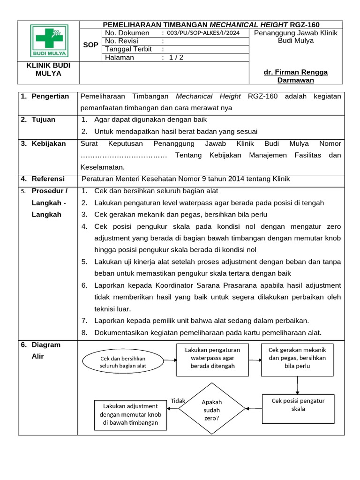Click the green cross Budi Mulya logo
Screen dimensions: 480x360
[x=49, y=41]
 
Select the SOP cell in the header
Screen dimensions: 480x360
[x=90, y=45]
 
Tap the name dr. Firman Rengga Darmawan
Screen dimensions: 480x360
[x=295, y=76]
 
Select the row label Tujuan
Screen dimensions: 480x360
[x=43, y=120]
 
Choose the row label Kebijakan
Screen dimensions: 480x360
[x=49, y=143]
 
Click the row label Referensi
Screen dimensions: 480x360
[x=48, y=179]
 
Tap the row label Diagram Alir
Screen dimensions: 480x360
[x=45, y=350]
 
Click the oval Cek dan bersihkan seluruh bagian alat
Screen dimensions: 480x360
[x=123, y=362]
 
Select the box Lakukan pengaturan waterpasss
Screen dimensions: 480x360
[x=212, y=360]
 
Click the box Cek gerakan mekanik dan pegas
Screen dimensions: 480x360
[x=297, y=360]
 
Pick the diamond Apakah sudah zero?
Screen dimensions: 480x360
[x=212, y=408]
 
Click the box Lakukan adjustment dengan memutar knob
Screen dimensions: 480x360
[x=131, y=414]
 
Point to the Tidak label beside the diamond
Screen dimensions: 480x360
[x=178, y=401]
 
